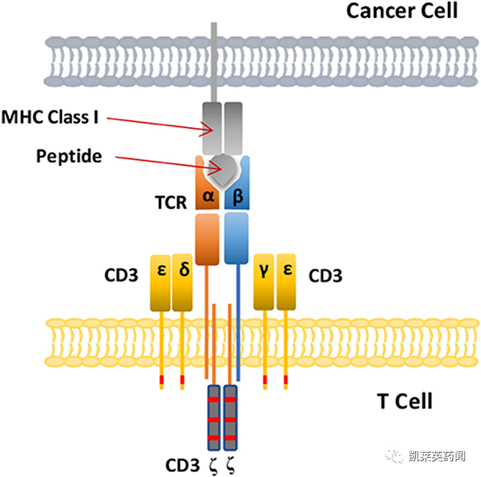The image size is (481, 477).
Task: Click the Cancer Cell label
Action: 401,11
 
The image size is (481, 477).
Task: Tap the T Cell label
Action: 405,400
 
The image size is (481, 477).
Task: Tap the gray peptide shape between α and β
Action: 222,168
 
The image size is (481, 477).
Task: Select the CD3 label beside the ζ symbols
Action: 183,463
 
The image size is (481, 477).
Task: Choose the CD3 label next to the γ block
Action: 326,275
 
